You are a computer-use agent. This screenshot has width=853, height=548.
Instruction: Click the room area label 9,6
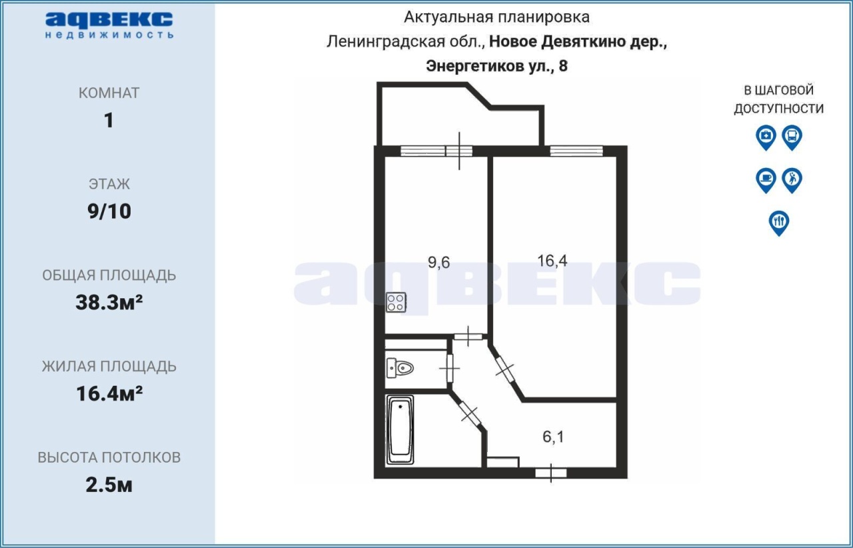pyautogui.click(x=438, y=263)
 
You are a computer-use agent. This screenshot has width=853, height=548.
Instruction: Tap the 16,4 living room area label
pyautogui.click(x=552, y=261)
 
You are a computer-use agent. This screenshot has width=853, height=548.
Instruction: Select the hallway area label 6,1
pyautogui.click(x=553, y=437)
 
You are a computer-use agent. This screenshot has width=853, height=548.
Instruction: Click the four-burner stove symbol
pyautogui.click(x=396, y=303)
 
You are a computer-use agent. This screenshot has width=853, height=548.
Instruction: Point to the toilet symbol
pyautogui.click(x=400, y=368)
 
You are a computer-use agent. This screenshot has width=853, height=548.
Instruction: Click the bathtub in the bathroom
pyautogui.click(x=400, y=430)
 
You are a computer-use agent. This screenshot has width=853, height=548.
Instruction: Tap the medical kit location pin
pyautogui.click(x=766, y=137)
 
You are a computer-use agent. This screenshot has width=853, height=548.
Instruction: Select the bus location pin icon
pyautogui.click(x=792, y=137)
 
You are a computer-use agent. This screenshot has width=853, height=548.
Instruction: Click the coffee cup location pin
pyautogui.click(x=766, y=181)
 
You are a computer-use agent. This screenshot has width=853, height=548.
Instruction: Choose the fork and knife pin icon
pyautogui.click(x=779, y=223)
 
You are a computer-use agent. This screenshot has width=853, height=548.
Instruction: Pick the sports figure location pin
pyautogui.click(x=792, y=181)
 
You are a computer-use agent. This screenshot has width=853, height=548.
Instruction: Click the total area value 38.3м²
pyautogui.click(x=109, y=303)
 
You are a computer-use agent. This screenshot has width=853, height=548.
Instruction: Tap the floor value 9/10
pyautogui.click(x=109, y=211)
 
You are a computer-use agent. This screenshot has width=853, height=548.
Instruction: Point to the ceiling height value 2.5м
pyautogui.click(x=109, y=485)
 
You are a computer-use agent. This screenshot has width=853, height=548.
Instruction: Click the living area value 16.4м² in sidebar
pyautogui.click(x=109, y=394)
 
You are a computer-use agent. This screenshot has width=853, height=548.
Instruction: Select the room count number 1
pyautogui.click(x=109, y=121)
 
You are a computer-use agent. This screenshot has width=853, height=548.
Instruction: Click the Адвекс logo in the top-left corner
pyautogui.click(x=109, y=25)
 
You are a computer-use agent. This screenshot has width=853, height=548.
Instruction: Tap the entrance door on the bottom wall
pyautogui.click(x=551, y=473)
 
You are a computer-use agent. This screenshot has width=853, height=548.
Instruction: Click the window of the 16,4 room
pyautogui.click(x=576, y=151)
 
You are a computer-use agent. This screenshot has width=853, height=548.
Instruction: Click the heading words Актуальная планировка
pyautogui.click(x=496, y=17)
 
